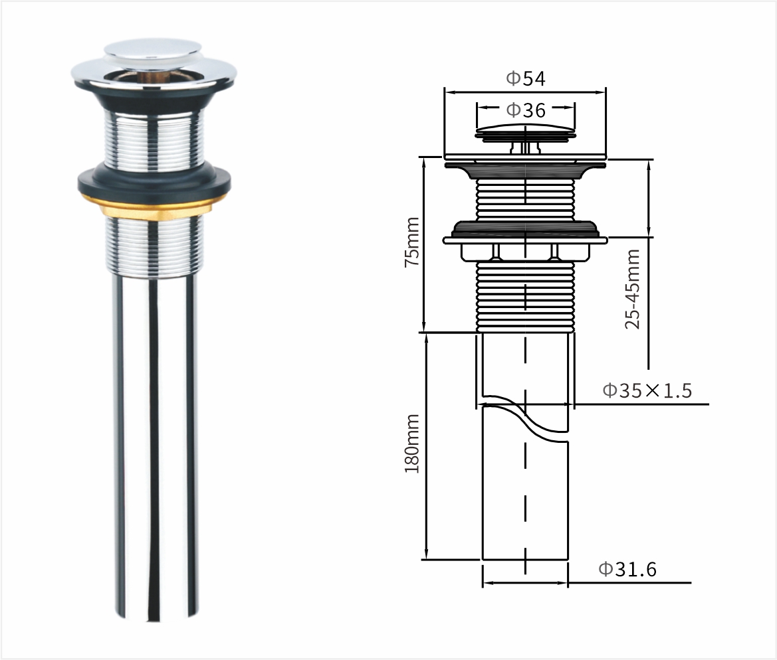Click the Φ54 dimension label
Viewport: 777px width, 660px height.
tap(525, 78)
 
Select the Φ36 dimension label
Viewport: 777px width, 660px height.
tap(526, 110)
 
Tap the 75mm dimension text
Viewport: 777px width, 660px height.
tap(412, 242)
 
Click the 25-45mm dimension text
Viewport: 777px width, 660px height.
tap(632, 289)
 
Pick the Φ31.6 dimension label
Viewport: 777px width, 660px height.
tap(627, 570)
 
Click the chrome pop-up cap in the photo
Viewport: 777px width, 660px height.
tap(153, 54)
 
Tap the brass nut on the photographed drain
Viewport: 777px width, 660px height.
tap(155, 206)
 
